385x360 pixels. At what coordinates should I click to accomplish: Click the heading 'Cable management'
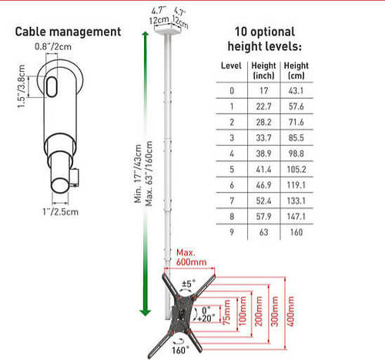(x=68, y=32)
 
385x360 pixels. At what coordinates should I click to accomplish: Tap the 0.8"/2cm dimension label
(x=53, y=47)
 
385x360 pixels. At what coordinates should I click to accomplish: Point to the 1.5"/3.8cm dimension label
(x=22, y=86)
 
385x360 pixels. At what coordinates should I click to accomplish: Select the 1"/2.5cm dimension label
(x=61, y=212)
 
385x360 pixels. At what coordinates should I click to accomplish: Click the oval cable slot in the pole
(x=52, y=86)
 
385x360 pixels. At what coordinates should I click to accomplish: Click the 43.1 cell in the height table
(x=296, y=91)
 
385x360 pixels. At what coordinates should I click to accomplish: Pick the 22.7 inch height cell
(x=263, y=106)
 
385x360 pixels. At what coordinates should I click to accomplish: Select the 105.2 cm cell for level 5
(x=296, y=170)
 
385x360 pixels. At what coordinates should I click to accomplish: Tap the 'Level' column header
(x=231, y=66)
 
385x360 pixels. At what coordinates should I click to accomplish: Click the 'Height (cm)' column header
(x=296, y=71)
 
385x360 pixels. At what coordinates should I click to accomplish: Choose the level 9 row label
(x=232, y=232)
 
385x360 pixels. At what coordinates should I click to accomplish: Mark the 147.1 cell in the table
(x=296, y=217)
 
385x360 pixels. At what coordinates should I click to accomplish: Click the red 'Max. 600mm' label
(x=191, y=257)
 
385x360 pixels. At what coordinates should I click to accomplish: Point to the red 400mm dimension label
(x=290, y=311)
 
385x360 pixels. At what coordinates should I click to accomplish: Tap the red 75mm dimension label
(x=226, y=312)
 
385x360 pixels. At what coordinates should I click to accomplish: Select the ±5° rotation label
(x=189, y=284)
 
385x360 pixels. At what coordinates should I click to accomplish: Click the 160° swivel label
(x=180, y=350)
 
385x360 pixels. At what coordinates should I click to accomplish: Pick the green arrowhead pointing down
(x=146, y=312)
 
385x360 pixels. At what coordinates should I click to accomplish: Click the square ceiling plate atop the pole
(x=168, y=29)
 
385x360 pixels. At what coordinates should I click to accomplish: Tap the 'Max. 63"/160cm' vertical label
(x=149, y=173)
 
